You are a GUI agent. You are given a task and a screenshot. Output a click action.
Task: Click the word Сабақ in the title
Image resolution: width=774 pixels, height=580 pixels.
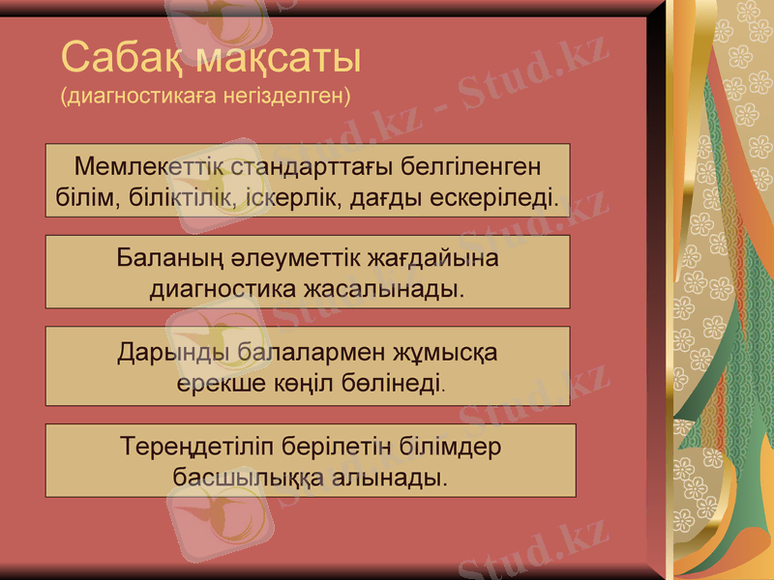pos(122,59)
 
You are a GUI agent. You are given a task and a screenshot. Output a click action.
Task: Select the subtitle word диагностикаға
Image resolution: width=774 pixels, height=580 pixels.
pos(135,97)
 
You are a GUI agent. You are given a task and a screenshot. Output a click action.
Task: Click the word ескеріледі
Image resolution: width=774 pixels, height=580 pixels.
pos(496,197)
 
